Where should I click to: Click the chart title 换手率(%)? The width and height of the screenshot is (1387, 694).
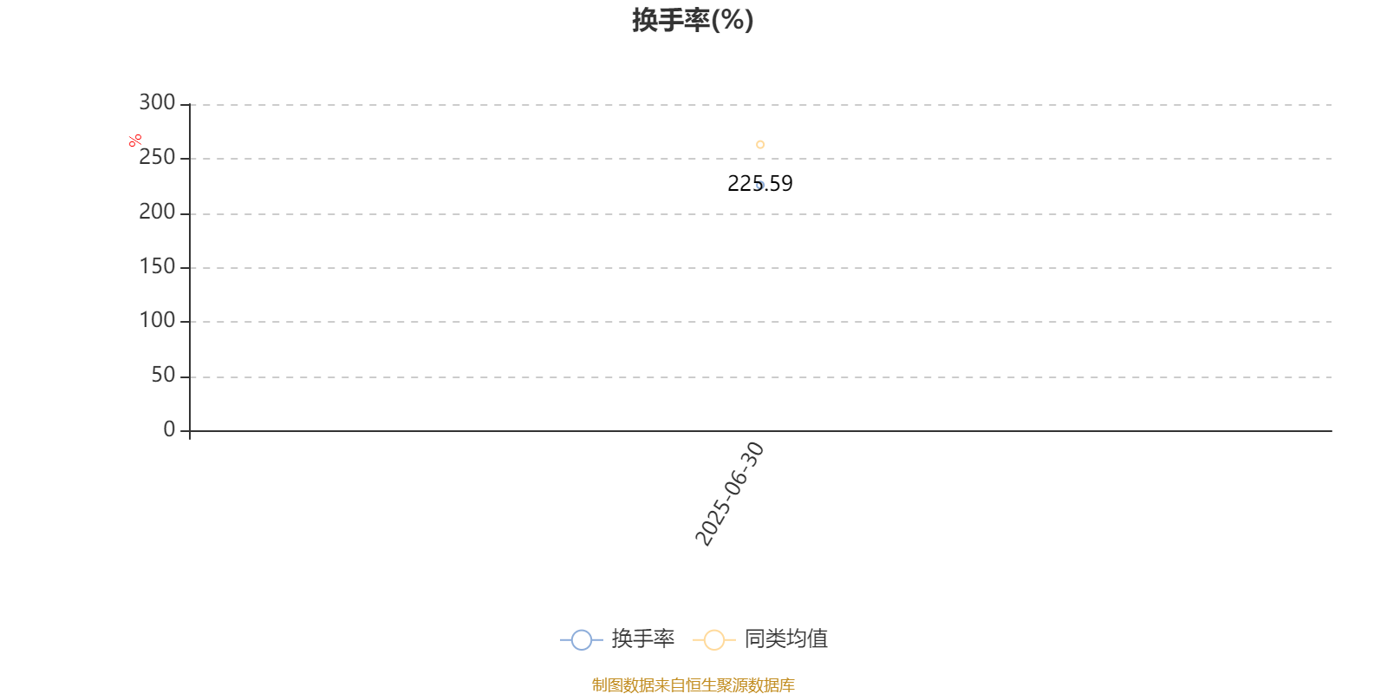pos(693,21)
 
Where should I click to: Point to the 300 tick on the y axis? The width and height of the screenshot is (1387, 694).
pos(157,102)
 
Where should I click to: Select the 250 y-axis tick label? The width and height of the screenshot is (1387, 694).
pos(157,157)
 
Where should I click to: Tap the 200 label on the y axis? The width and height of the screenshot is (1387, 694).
pos(157,212)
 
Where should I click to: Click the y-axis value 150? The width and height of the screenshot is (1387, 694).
pos(157,266)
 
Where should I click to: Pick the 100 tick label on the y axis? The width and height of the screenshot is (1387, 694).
pos(157,320)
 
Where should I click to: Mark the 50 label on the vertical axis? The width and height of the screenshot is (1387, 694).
pos(164,375)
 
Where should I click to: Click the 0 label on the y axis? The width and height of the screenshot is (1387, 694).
pos(170,429)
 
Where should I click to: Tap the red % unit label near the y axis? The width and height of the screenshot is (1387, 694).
pos(135,141)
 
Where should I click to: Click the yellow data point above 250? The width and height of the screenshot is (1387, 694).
pos(760,144)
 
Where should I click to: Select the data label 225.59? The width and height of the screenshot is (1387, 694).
pos(759,183)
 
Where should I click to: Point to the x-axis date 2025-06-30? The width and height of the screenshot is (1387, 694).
pos(730,494)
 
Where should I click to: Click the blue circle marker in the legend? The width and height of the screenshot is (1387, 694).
pos(582,639)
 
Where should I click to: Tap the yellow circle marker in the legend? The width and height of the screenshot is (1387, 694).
pos(714,639)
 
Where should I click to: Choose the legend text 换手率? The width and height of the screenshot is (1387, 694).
pos(642,638)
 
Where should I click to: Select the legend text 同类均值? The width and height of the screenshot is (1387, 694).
pos(785,638)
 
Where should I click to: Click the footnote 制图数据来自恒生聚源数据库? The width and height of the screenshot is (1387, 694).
pos(693,684)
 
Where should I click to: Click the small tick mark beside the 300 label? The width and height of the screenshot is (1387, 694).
pos(186,105)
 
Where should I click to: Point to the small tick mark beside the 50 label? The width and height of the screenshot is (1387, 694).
pos(186,376)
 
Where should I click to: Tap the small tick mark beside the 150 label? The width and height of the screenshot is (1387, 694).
pos(186,268)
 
